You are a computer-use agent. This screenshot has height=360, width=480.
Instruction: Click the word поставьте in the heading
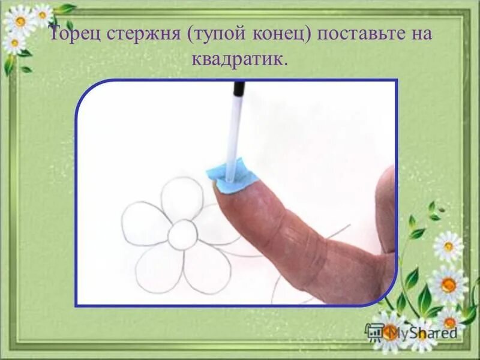coord(358,35)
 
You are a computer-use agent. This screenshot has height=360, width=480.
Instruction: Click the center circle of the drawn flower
coord(182,235)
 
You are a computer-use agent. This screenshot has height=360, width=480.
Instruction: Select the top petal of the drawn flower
coord(181,198)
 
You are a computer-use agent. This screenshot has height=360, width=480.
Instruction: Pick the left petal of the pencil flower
coord(144,223)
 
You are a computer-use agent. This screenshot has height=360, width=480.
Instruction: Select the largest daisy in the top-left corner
coord(21,22)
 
